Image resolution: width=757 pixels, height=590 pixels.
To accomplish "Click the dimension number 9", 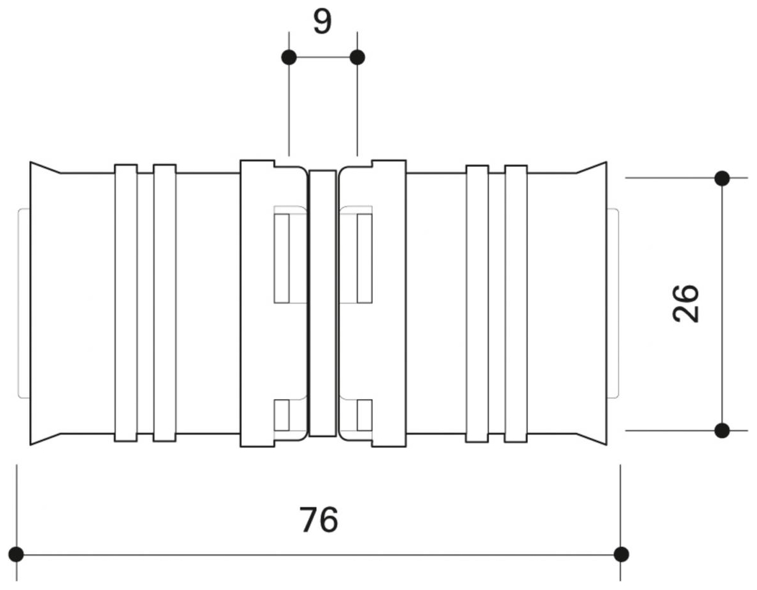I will [x=323, y=22].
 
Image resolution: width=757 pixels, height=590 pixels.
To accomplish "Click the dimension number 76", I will [x=319, y=520].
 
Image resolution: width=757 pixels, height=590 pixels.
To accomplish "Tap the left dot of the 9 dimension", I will [x=289, y=57].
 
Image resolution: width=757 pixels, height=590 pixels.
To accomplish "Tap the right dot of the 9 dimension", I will [x=358, y=57].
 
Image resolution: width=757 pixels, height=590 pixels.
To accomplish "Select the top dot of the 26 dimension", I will [x=722, y=178].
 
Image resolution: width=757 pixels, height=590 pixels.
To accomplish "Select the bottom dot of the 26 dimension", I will [x=722, y=431].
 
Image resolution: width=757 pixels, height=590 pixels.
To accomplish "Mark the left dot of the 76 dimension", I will [x=17, y=554].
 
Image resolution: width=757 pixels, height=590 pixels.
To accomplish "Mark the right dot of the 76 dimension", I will [x=622, y=554].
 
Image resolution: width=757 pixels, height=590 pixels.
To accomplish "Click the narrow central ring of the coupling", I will [x=323, y=303].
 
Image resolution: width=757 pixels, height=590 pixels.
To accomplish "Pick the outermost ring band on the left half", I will [x=126, y=303].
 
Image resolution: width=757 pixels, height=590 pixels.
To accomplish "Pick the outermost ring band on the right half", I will [x=516, y=303].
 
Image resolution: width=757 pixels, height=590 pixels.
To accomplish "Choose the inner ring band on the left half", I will [x=165, y=303].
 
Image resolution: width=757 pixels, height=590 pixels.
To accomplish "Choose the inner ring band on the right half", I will [x=477, y=303].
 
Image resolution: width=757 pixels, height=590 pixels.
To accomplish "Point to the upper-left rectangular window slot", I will [x=281, y=258].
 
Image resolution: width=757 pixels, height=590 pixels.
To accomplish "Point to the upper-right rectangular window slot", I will [x=364, y=258].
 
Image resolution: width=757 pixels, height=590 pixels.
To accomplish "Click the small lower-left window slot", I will [x=281, y=414].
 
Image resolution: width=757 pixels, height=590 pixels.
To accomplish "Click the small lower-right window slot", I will [x=364, y=414].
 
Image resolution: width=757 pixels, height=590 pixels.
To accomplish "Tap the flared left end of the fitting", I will [x=45, y=303].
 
